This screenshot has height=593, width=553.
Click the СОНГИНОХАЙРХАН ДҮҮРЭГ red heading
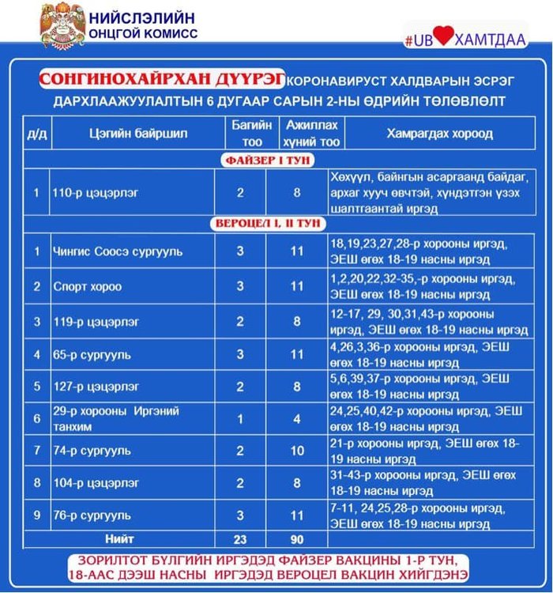click(162, 80)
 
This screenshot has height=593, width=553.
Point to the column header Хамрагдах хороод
click(439, 134)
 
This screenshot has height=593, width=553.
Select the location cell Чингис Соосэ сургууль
click(118, 252)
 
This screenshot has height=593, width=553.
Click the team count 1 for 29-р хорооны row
click(240, 419)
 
